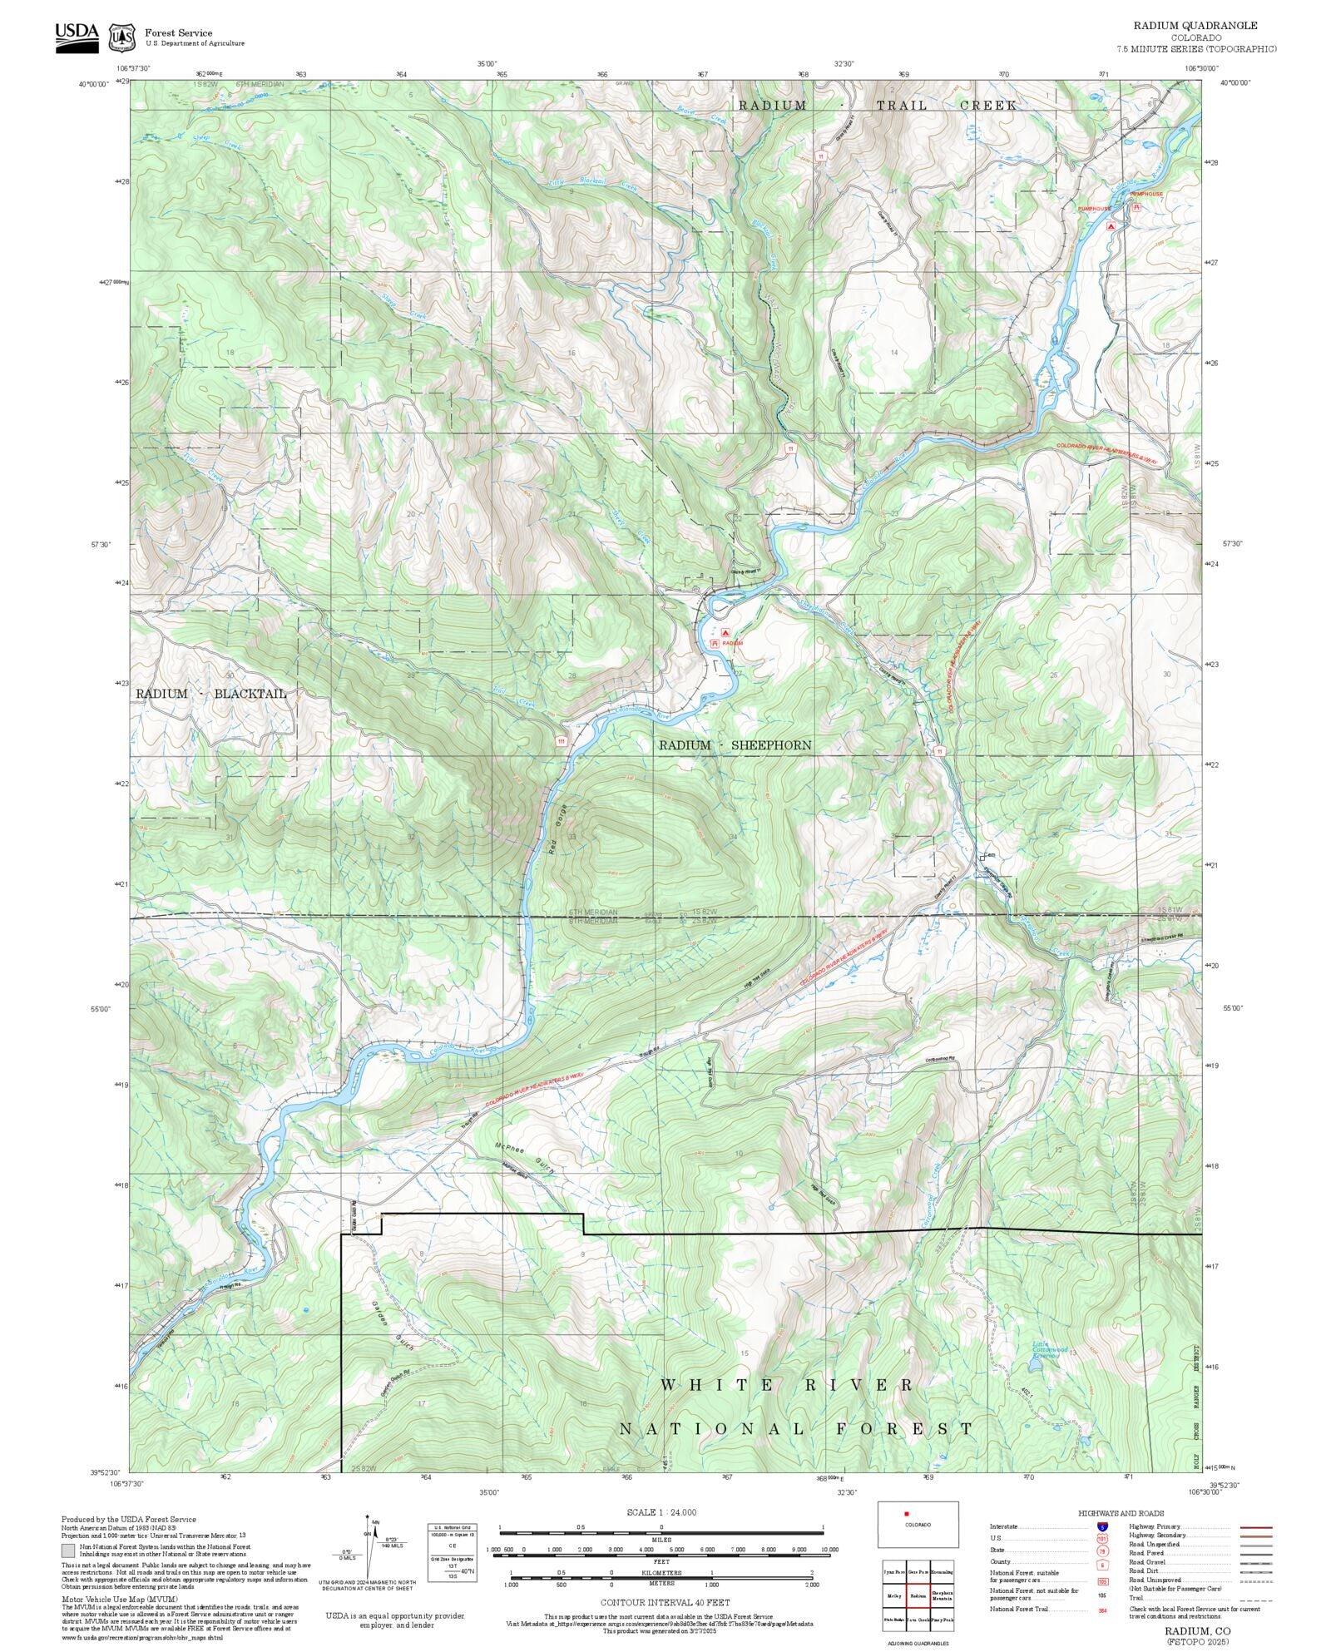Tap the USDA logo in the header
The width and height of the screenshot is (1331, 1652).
point(77,37)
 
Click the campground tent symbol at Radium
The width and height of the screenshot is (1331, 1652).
point(725,632)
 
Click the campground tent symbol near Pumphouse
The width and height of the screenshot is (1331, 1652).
point(1111,225)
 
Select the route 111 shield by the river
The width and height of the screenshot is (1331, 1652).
point(562,740)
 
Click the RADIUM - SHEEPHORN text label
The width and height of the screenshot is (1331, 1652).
point(735,745)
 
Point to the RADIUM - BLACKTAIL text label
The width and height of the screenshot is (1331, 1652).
point(210,693)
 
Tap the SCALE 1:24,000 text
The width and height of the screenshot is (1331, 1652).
point(661,1512)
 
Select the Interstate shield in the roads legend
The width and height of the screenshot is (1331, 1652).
point(1102,1527)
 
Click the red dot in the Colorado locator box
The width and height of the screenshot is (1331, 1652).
point(906,1514)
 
